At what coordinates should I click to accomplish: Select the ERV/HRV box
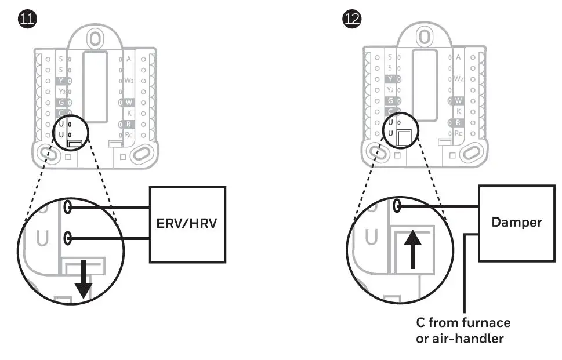pos(187,224)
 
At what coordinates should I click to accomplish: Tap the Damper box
pos(516,222)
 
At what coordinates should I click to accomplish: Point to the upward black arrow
pos(412,247)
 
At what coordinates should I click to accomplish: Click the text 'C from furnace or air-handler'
pos(463,330)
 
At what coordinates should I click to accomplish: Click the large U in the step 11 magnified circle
pos(39,238)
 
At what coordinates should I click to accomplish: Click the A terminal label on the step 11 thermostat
pos(129,59)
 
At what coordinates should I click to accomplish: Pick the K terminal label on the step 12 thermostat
pos(459,111)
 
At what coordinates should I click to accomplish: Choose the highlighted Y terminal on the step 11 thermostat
pos(61,81)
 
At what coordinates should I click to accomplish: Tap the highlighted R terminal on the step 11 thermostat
pos(127,124)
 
